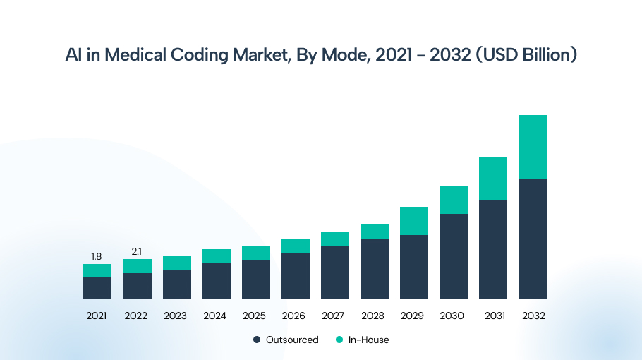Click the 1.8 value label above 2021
[96, 256]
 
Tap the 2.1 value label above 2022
[136, 251]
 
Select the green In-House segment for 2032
[533, 147]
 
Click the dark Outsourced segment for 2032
[533, 238]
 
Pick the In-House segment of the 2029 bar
[414, 221]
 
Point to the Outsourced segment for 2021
[97, 287]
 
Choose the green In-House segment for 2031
[493, 179]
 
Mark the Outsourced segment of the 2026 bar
[296, 275]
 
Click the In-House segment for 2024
[217, 256]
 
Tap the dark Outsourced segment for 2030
[454, 256]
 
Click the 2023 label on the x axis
[176, 316]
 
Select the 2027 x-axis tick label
[334, 316]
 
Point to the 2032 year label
[533, 316]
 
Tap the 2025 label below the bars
[255, 316]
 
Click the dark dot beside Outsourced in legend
[257, 340]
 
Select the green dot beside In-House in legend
[339, 340]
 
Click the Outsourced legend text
[292, 340]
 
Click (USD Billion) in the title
[526, 55]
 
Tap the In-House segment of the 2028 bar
[375, 232]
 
